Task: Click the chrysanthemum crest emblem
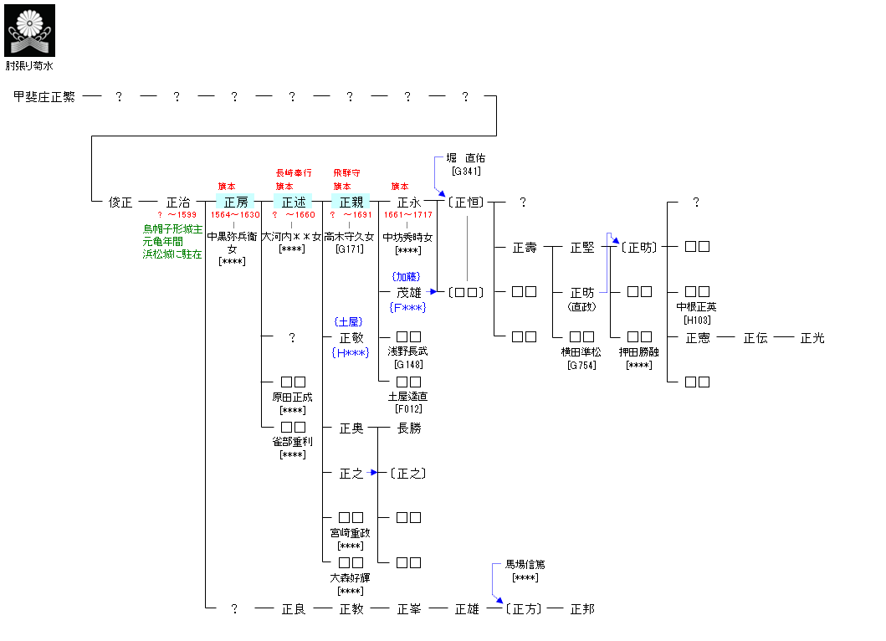(x=29, y=30)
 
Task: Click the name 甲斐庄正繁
(x=45, y=97)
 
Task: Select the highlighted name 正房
(x=235, y=202)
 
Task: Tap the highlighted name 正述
(x=293, y=202)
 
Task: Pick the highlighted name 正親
(x=351, y=202)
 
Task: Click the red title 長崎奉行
(x=293, y=172)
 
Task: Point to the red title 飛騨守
(x=347, y=172)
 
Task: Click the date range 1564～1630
(x=235, y=215)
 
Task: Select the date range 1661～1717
(x=408, y=215)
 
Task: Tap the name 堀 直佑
(x=465, y=157)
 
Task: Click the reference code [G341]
(x=465, y=171)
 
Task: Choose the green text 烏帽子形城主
(x=172, y=228)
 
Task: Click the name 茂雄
(x=408, y=292)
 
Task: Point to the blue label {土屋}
(x=351, y=321)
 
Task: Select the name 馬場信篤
(x=525, y=565)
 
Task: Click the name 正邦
(x=581, y=609)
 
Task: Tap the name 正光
(x=812, y=338)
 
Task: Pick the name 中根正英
(x=697, y=306)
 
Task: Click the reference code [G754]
(x=581, y=365)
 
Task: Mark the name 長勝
(x=408, y=428)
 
